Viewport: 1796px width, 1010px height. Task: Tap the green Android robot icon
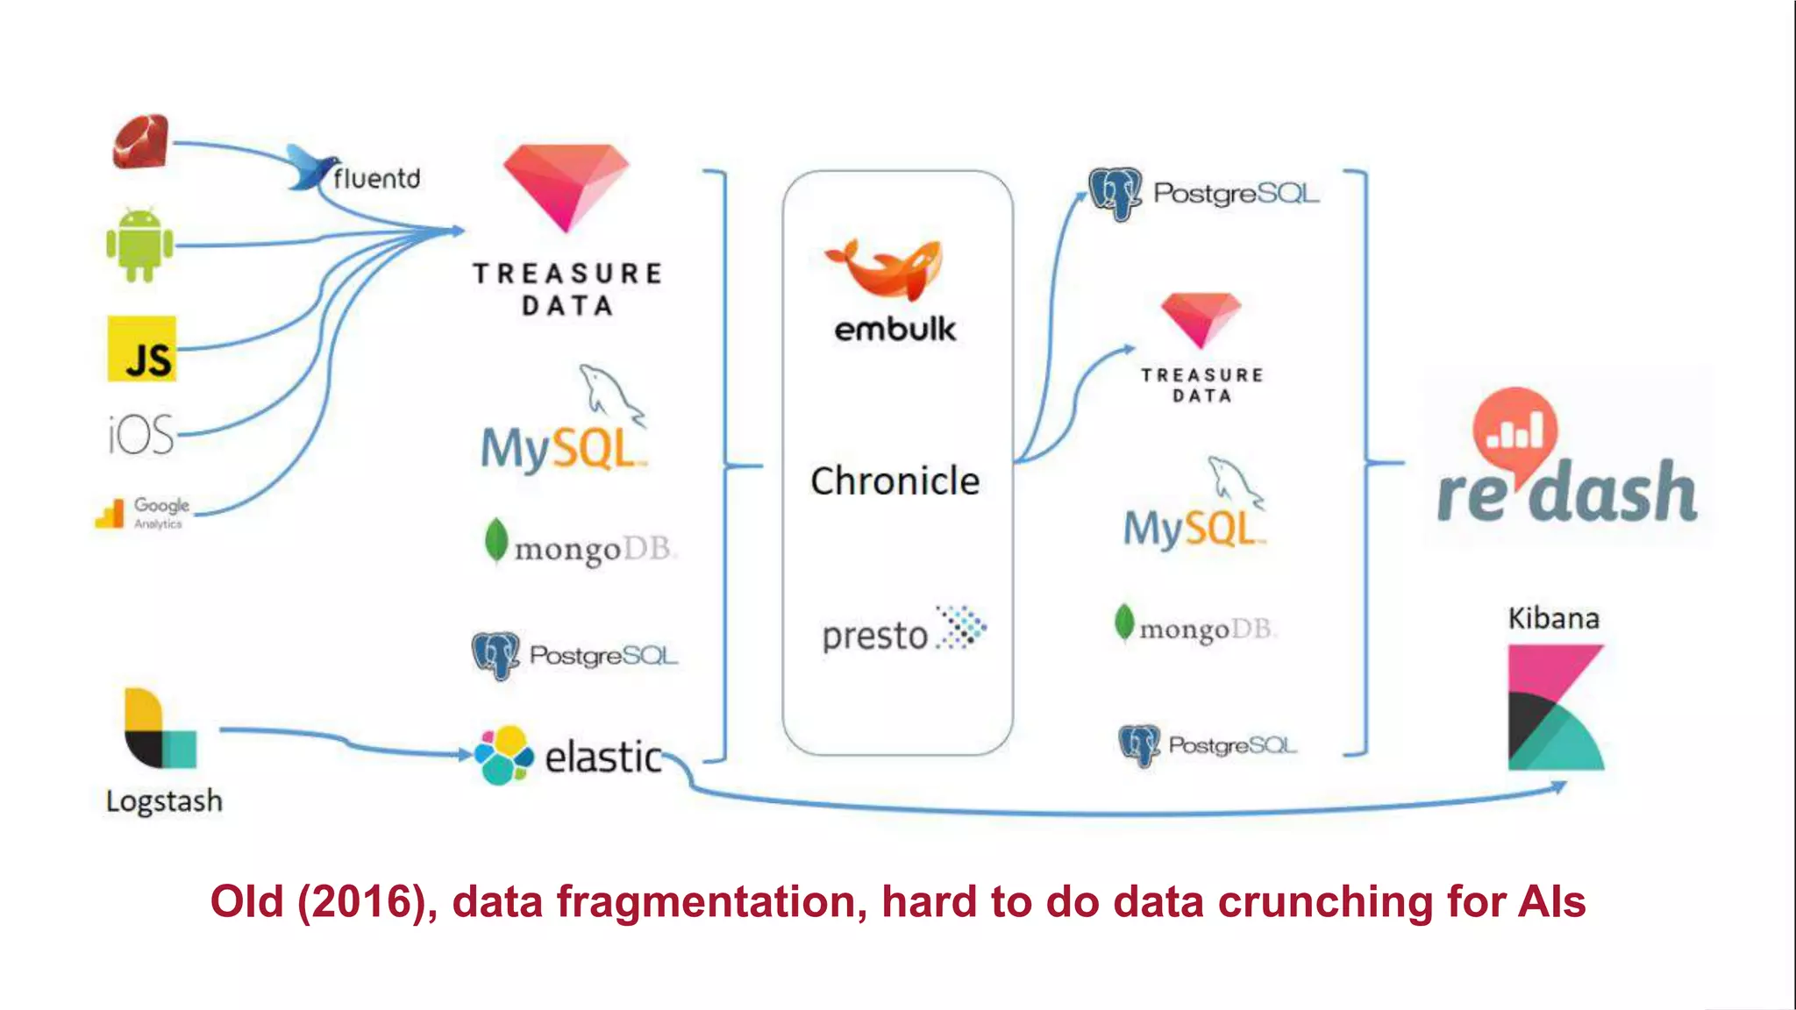point(139,245)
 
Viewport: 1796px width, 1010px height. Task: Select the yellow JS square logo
point(142,349)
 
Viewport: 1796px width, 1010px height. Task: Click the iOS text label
point(141,435)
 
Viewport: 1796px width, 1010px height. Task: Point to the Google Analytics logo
point(142,512)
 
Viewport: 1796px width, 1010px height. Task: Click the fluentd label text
point(376,179)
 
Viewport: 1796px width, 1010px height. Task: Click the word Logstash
point(164,801)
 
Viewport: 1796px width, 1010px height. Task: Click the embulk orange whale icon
point(886,268)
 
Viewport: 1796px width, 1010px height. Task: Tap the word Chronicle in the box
point(894,481)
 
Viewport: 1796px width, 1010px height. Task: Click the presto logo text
point(875,636)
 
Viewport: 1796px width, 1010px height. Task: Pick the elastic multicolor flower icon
point(503,756)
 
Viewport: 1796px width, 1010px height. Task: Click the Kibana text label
point(1553,619)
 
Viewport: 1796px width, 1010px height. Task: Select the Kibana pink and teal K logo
point(1554,708)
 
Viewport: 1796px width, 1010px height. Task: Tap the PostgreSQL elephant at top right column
point(1115,193)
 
